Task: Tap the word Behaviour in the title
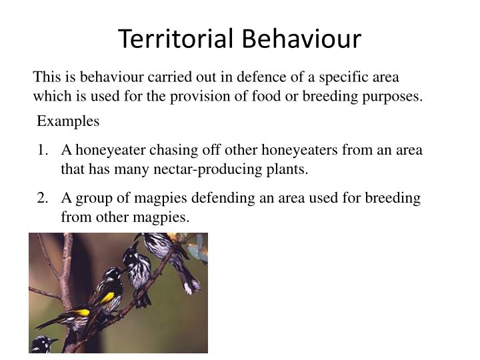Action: pyautogui.click(x=301, y=39)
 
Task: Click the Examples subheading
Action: pyautogui.click(x=68, y=121)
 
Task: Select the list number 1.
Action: pyautogui.click(x=43, y=150)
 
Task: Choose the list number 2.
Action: pyautogui.click(x=43, y=199)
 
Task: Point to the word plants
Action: pyautogui.click(x=288, y=169)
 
